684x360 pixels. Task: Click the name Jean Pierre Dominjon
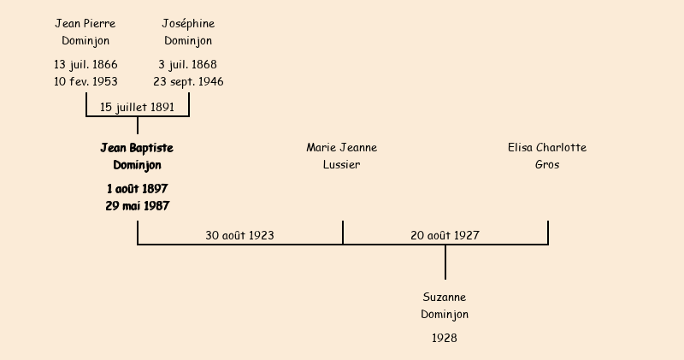(x=85, y=32)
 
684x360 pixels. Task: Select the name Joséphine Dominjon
(x=188, y=32)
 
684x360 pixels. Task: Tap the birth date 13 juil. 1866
(x=85, y=64)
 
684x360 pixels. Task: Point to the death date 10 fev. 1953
(x=85, y=81)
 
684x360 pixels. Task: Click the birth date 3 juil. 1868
(x=188, y=64)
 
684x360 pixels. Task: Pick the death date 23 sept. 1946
(x=188, y=81)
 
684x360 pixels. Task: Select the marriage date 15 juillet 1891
(x=137, y=107)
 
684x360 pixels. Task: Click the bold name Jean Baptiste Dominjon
(x=137, y=156)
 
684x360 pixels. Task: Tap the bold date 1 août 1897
(x=137, y=188)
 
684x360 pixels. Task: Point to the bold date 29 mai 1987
(x=137, y=206)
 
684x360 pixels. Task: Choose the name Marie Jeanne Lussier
(x=342, y=156)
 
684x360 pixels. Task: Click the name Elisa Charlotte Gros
(x=547, y=156)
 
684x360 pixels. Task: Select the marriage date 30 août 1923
(x=239, y=235)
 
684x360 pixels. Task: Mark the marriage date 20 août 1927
(x=445, y=235)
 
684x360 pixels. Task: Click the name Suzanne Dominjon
(x=445, y=305)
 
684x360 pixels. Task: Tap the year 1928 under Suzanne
(x=445, y=338)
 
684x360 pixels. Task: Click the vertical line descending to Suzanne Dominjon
(x=445, y=263)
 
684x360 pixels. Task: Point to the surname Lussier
(x=342, y=165)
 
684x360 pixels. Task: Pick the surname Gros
(x=547, y=165)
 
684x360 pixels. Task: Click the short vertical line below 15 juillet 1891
(x=138, y=126)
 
